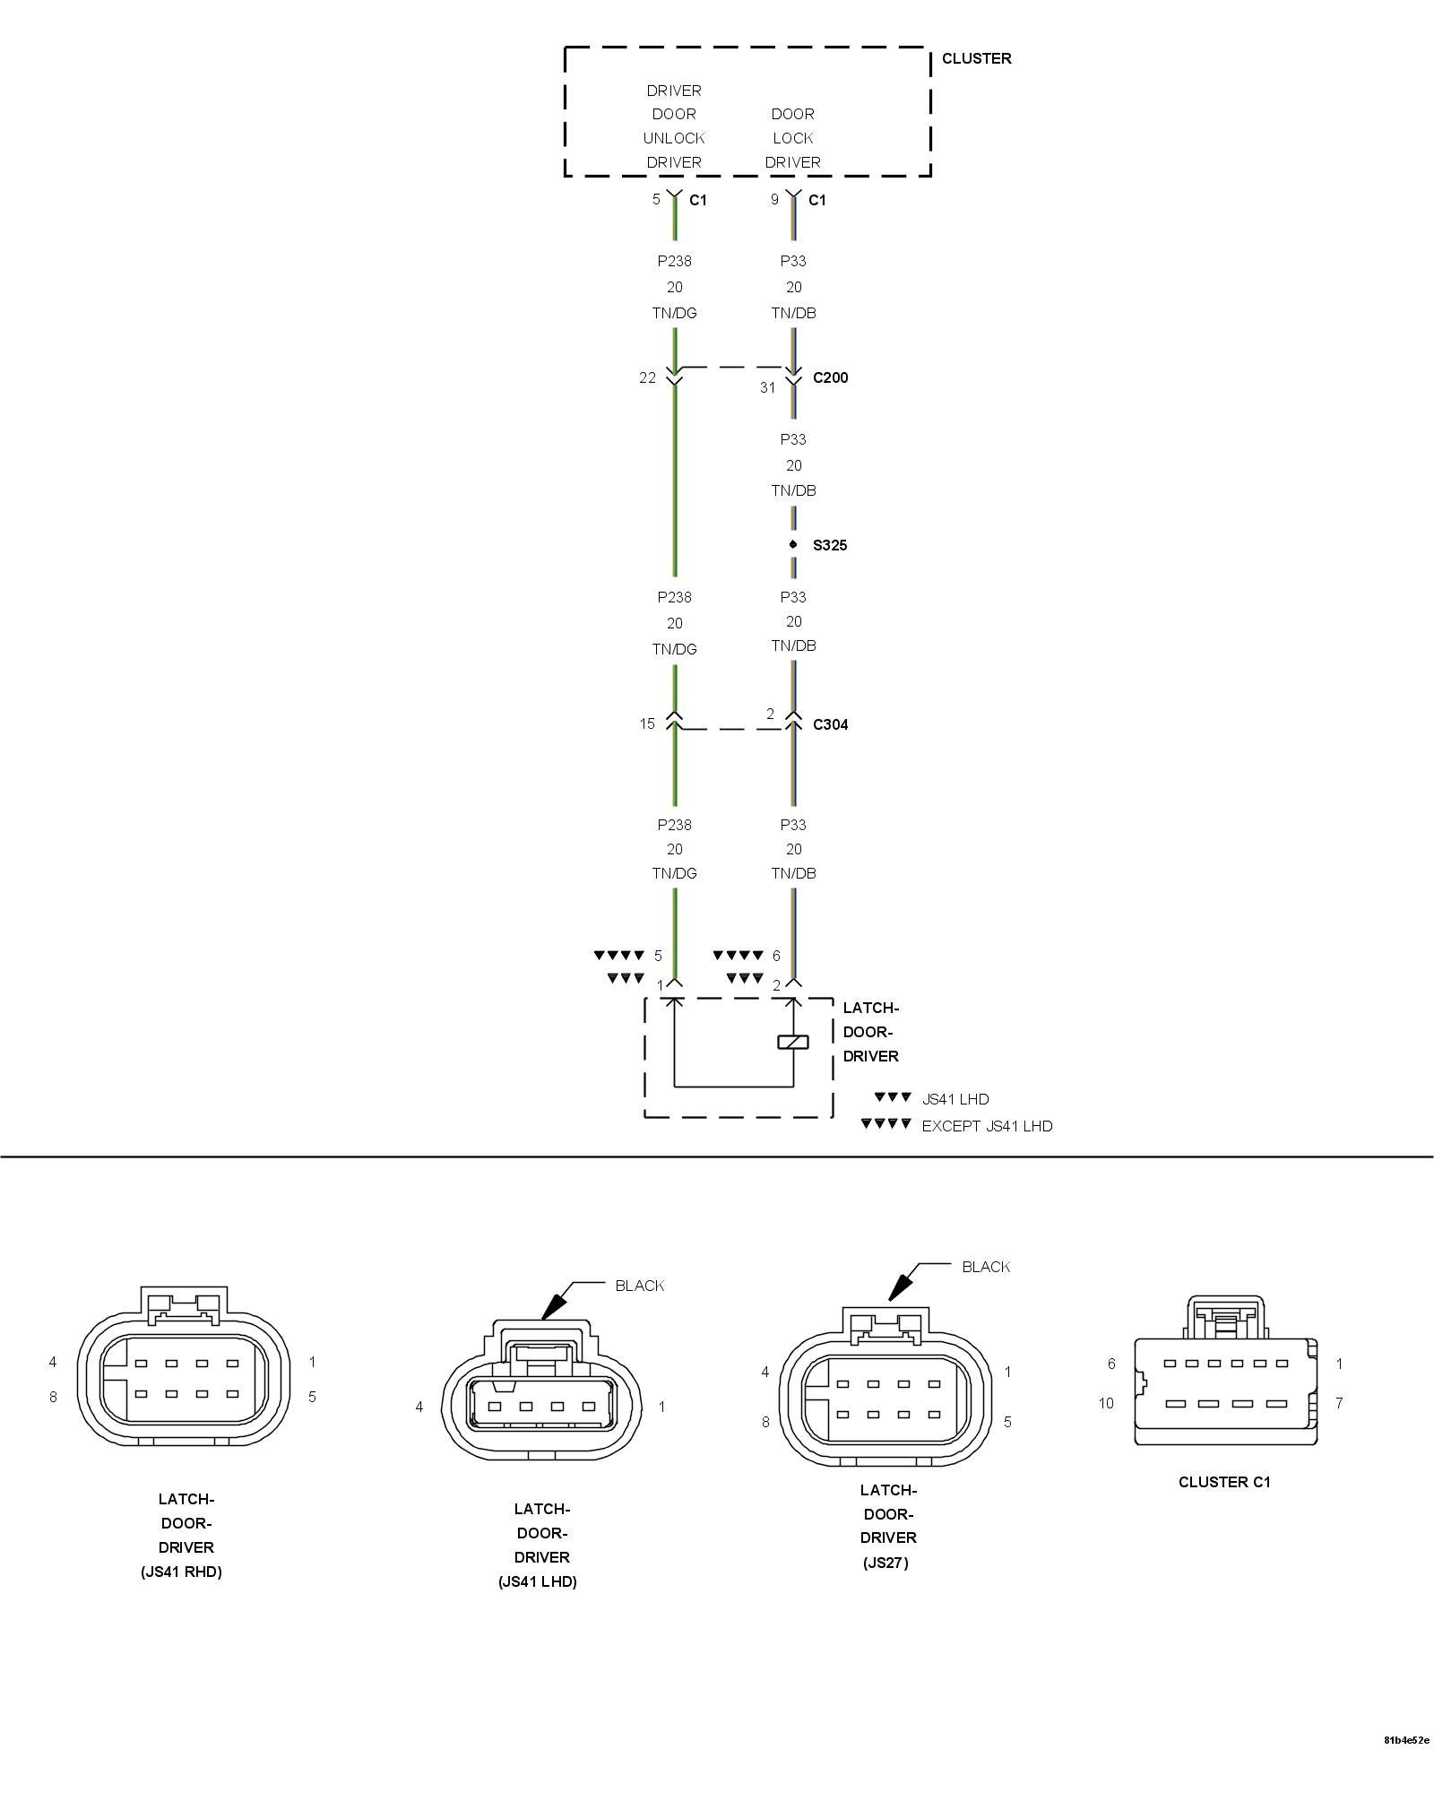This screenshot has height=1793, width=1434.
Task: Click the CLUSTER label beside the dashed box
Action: (x=976, y=58)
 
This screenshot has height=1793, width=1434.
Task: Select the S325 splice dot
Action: (x=793, y=544)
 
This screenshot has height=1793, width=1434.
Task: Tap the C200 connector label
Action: (x=830, y=377)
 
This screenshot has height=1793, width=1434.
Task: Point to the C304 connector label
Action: (x=830, y=724)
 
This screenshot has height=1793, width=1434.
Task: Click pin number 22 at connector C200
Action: (x=647, y=378)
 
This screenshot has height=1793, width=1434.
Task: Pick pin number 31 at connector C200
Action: (x=767, y=388)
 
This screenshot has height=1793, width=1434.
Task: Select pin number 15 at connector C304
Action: (x=647, y=723)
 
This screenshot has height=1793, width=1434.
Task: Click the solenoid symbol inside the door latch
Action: (x=793, y=1042)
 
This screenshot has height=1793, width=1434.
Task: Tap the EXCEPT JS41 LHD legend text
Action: (x=987, y=1126)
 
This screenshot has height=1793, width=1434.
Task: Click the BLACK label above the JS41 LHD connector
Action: (x=640, y=1286)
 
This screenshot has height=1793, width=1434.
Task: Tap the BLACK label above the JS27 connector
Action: (x=986, y=1267)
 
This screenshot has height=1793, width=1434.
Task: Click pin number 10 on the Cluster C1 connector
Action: (x=1106, y=1403)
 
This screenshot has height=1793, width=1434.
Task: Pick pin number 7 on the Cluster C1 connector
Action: (x=1339, y=1403)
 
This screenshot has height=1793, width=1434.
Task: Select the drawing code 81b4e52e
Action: (x=1406, y=1765)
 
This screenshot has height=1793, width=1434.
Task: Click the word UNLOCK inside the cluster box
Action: (x=674, y=138)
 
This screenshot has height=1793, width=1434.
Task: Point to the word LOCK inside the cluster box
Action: (x=793, y=138)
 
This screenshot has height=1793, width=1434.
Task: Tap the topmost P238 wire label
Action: (x=674, y=261)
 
